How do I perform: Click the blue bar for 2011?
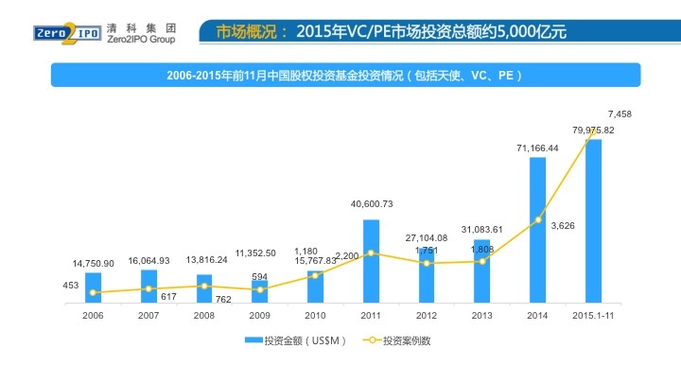click(x=371, y=262)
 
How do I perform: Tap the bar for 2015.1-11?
click(x=593, y=221)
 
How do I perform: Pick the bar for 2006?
click(x=93, y=287)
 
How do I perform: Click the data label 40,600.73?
click(x=372, y=204)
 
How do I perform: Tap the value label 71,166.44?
click(x=537, y=148)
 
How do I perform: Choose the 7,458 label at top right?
click(x=620, y=113)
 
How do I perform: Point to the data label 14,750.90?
click(x=94, y=263)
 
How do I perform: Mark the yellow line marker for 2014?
click(x=537, y=220)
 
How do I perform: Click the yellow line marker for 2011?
click(x=371, y=252)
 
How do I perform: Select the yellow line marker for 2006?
click(x=93, y=292)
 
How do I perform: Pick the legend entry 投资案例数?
click(x=396, y=340)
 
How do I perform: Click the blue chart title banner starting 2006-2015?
click(x=344, y=75)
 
